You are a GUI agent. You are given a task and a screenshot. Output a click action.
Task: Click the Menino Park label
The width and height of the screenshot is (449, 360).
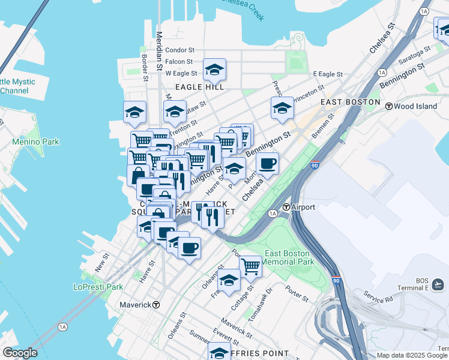click(36, 142)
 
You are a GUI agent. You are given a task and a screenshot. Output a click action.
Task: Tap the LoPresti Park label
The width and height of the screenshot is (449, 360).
click(97, 287)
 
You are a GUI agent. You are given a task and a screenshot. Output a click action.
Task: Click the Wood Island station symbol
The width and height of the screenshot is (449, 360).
click(389, 106)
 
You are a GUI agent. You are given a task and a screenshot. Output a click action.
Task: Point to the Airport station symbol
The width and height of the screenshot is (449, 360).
click(287, 207)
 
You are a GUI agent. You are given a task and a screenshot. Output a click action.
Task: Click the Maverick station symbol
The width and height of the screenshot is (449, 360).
click(156, 304)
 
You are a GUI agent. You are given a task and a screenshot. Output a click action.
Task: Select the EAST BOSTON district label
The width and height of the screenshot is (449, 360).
click(350, 102)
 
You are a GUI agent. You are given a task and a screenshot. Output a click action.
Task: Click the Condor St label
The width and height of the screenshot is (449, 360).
click(180, 50)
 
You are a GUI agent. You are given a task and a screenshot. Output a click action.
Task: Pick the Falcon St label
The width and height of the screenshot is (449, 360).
click(179, 61)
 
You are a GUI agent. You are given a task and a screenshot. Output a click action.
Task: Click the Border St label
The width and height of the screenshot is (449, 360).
click(145, 68)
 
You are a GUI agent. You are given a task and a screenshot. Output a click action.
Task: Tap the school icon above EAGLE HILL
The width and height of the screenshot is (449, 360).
click(214, 71)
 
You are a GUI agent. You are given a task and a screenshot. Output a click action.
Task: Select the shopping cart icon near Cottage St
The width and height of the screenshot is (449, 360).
click(250, 265)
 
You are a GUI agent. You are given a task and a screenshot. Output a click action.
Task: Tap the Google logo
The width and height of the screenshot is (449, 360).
click(19, 353)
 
